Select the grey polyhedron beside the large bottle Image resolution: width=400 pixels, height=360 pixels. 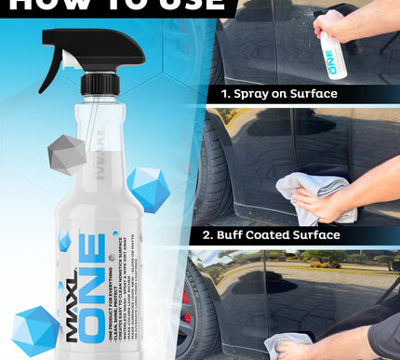(x=66, y=153)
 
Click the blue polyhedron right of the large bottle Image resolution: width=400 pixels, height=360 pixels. (x=148, y=187)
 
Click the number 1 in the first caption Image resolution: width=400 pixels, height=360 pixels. (x=225, y=94)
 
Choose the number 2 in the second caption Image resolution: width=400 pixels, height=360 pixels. (x=224, y=234)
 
